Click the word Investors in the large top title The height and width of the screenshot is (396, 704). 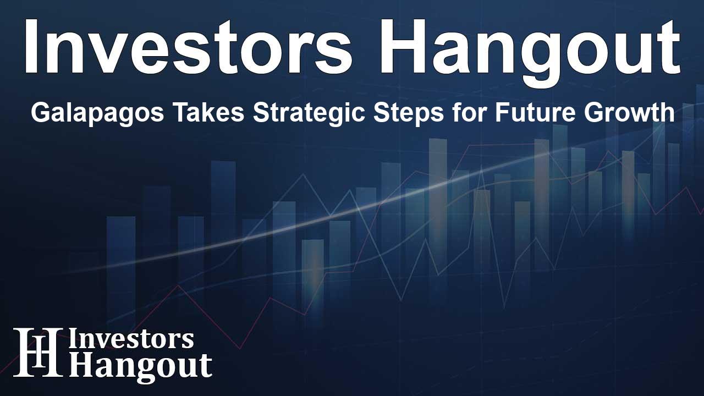[188, 47]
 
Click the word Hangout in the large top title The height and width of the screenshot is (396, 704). [530, 52]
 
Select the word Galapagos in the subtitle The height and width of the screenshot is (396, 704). [97, 113]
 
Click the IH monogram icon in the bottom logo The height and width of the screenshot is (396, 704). [38, 352]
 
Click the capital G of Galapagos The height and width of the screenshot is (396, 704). [41, 113]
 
